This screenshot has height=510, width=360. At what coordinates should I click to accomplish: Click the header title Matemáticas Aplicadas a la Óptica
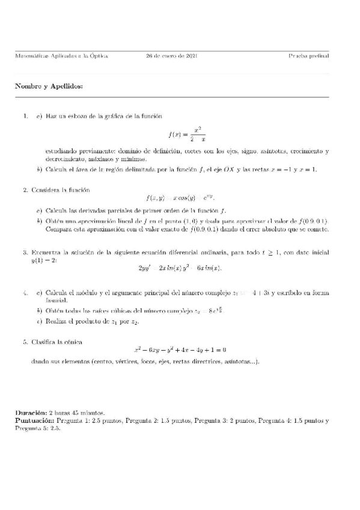pyautogui.click(x=61, y=56)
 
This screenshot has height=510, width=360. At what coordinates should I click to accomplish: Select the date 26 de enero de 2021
pyautogui.click(x=172, y=56)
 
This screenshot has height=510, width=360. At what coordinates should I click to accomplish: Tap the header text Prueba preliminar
pyautogui.click(x=308, y=56)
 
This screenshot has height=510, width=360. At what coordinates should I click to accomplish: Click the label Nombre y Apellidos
pyautogui.click(x=49, y=86)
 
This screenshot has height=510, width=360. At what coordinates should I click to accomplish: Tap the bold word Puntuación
pyautogui.click(x=35, y=421)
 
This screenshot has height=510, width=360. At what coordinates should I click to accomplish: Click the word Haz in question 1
pyautogui.click(x=50, y=115)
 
